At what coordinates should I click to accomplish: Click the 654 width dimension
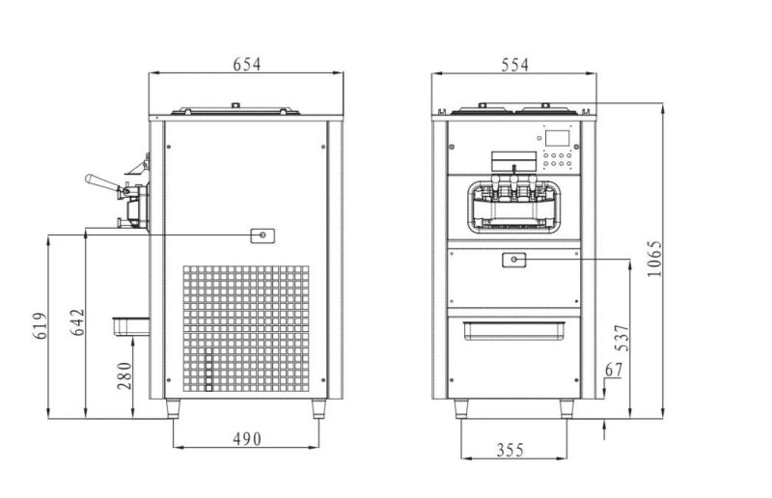pyautogui.click(x=247, y=64)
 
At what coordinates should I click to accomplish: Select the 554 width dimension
pyautogui.click(x=514, y=65)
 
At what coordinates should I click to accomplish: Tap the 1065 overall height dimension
pyautogui.click(x=654, y=259)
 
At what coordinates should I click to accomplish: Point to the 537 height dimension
pyautogui.click(x=622, y=338)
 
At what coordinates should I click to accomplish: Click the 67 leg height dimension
pyautogui.click(x=614, y=370)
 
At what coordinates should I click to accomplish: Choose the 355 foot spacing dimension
pyautogui.click(x=510, y=450)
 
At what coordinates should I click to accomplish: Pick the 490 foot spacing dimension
pyautogui.click(x=247, y=438)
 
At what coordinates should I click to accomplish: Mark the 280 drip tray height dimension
pyautogui.click(x=124, y=375)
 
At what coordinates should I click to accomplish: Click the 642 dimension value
pyautogui.click(x=77, y=322)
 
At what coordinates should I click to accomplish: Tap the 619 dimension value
pyautogui.click(x=41, y=325)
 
